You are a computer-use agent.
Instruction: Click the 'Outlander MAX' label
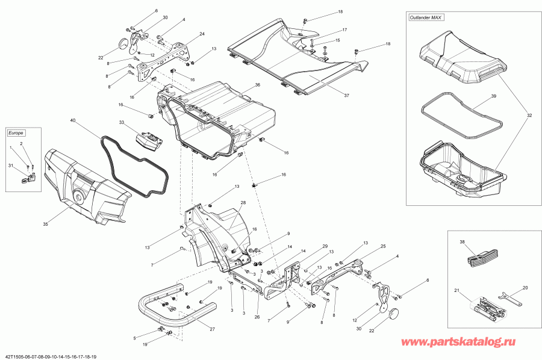(x=425, y=18)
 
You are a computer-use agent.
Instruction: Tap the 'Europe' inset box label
(x=15, y=132)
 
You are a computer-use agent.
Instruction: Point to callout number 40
(x=73, y=122)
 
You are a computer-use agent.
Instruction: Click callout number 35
(x=45, y=224)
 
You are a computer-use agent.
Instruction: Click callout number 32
(x=529, y=115)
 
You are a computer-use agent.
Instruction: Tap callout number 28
(x=243, y=202)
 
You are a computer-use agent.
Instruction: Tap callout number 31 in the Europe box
(x=10, y=166)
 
